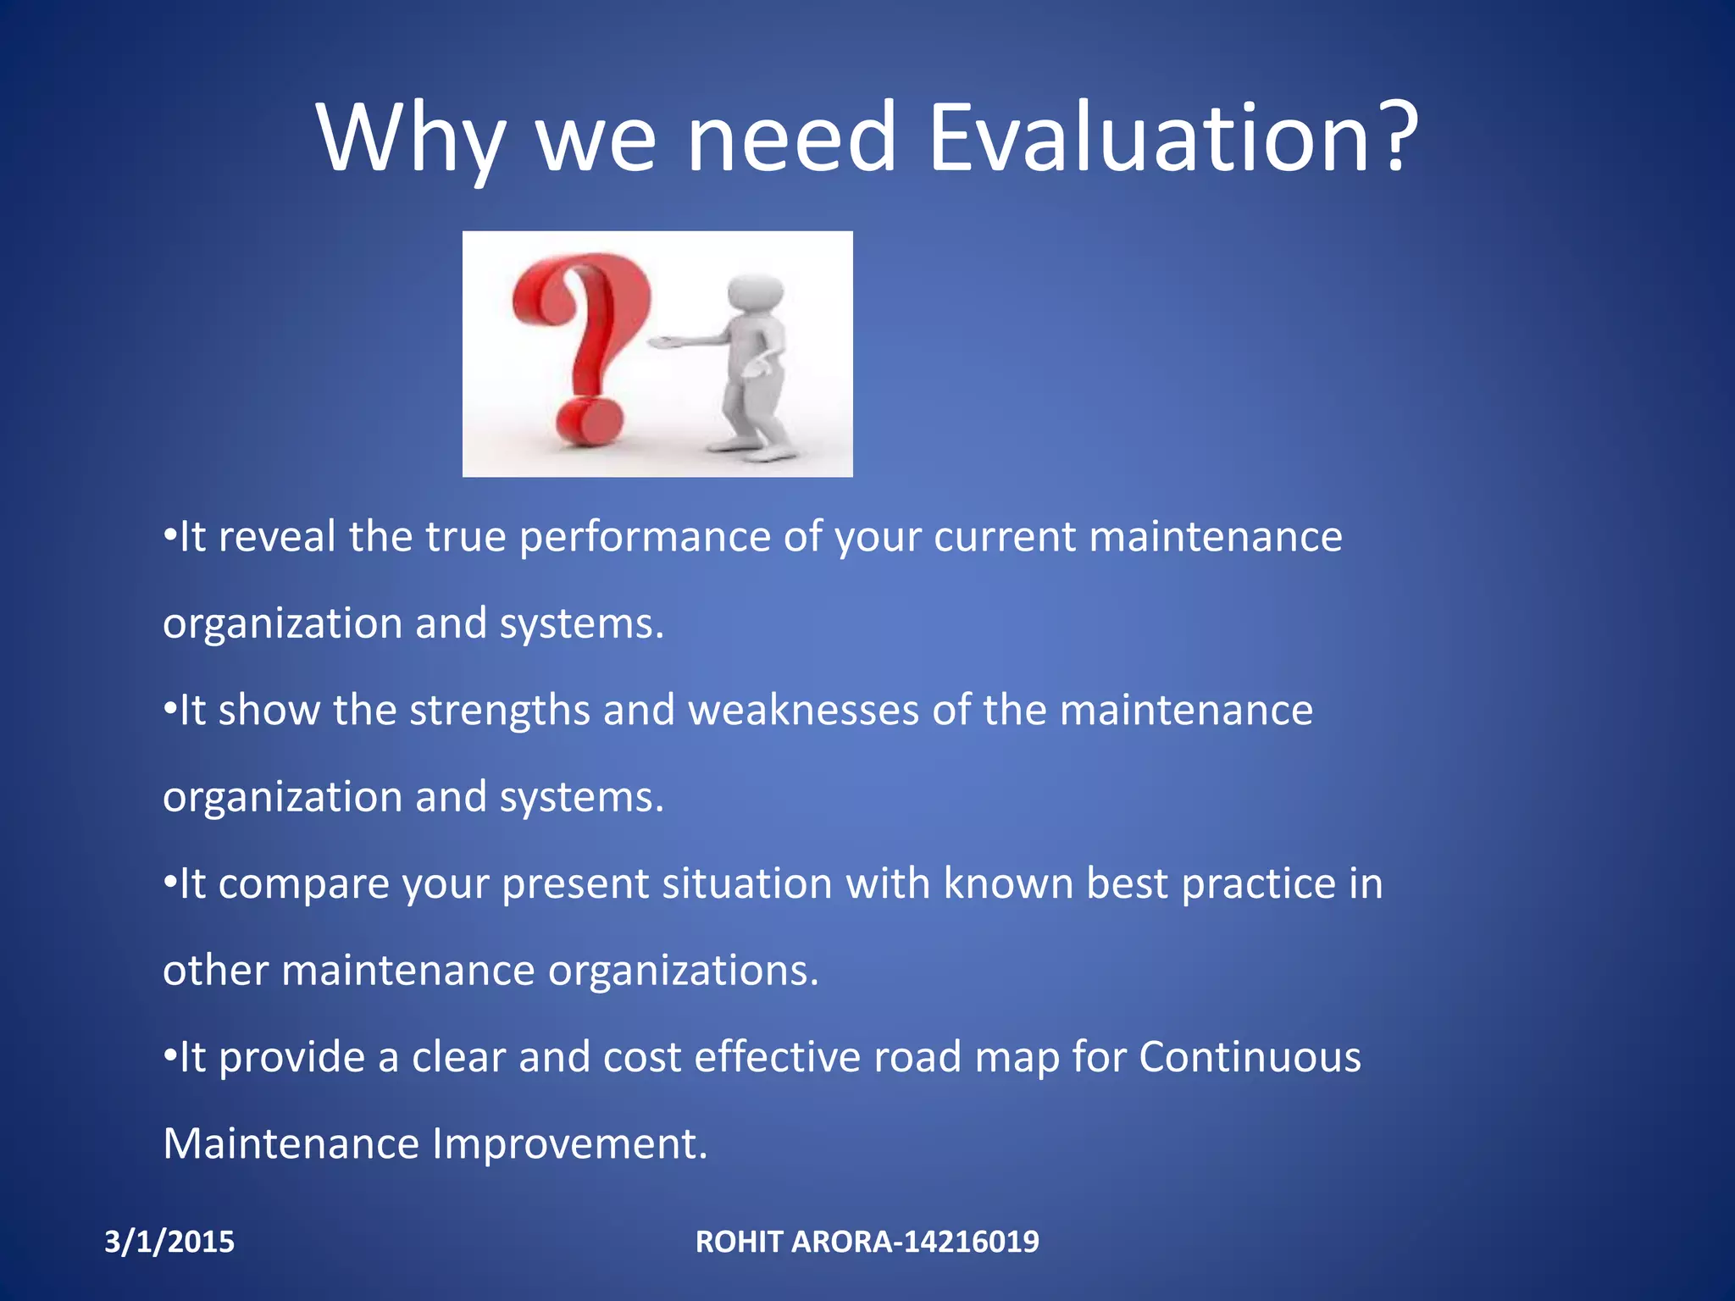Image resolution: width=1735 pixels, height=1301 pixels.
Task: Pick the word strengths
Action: [499, 711]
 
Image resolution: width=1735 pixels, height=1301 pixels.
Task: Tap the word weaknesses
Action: [803, 710]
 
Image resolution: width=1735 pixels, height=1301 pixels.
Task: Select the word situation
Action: [747, 883]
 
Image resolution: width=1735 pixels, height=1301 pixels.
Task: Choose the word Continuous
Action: [1250, 1057]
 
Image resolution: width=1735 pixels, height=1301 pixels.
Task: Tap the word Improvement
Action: [569, 1144]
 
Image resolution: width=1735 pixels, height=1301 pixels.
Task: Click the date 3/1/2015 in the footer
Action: [169, 1242]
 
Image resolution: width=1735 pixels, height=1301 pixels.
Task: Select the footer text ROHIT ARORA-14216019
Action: [867, 1242]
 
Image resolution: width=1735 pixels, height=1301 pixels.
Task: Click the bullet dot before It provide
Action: [169, 1055]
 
